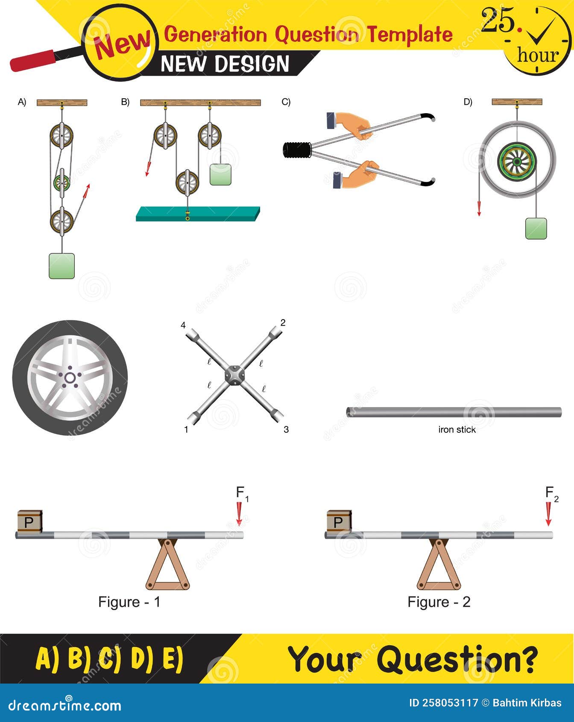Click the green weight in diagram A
[62, 266]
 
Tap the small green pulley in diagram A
[62, 183]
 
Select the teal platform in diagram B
[197, 214]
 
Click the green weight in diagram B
[220, 174]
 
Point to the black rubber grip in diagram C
[297, 150]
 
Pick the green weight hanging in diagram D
[536, 229]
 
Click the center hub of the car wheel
[70, 378]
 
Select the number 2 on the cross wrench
[283, 323]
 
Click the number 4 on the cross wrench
[183, 325]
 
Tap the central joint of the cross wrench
[234, 376]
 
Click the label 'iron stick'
[457, 430]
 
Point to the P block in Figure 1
[29, 522]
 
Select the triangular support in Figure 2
[439, 566]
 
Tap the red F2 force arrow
[548, 514]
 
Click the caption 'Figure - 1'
[129, 602]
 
